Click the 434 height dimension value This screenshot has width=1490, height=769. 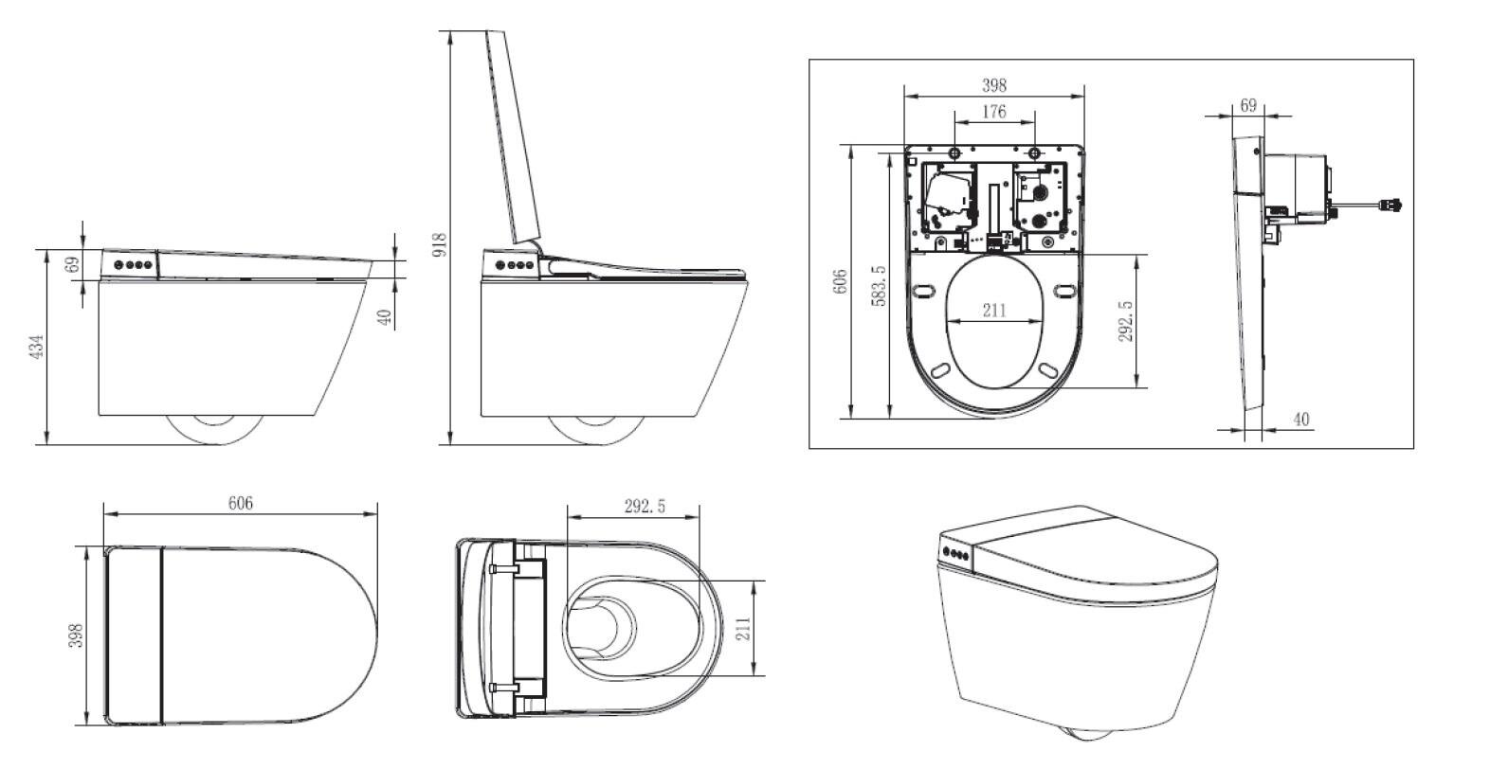pos(37,347)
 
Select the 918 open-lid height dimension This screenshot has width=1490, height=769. pos(440,244)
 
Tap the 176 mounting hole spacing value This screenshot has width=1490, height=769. pos(993,111)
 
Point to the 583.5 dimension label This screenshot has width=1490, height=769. pos(879,286)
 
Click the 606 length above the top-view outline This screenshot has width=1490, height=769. pos(240,503)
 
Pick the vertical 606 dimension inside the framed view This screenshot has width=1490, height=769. pos(840,281)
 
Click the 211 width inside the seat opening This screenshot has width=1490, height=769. pos(994,310)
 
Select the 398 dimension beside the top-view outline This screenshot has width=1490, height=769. pos(77,635)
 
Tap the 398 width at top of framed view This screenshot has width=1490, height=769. pos(993,85)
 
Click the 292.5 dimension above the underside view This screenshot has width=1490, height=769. pos(645,507)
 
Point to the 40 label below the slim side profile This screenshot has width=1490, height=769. pos(1301,420)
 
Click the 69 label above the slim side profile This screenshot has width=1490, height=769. pos(1248,105)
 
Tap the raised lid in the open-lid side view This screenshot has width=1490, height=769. pos(513,136)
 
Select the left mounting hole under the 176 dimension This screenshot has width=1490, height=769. pos(955,153)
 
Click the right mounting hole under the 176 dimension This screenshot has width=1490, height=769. pos(1034,153)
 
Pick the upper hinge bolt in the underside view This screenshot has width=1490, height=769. pos(503,568)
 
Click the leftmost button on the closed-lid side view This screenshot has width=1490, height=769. pos(118,264)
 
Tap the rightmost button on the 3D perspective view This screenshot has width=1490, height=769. pos(964,556)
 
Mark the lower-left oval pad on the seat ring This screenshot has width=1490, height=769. pos(940,369)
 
